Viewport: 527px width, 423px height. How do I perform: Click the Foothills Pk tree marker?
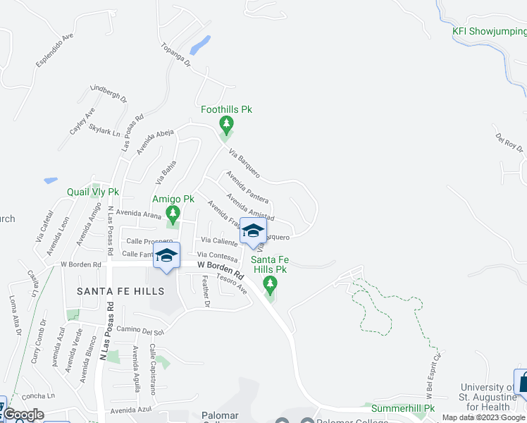tap(226, 126)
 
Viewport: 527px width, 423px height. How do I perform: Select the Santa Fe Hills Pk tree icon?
tap(269, 284)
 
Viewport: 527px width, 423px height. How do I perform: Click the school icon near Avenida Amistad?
tap(252, 231)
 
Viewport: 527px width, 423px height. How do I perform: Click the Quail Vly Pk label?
tap(93, 192)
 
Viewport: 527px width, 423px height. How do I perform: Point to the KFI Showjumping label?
tap(489, 30)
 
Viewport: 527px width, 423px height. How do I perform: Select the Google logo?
tap(23, 415)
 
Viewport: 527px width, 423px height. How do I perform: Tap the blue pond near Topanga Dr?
tap(201, 45)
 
